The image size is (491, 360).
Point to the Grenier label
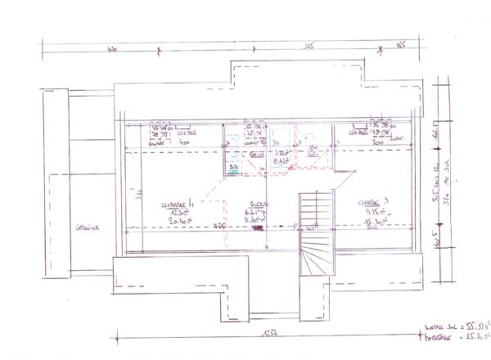pos(83,228)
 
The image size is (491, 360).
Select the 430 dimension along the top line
pos(113,49)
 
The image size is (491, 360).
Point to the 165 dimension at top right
pos(402,47)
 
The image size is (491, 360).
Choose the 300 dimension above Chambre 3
pos(355,141)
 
